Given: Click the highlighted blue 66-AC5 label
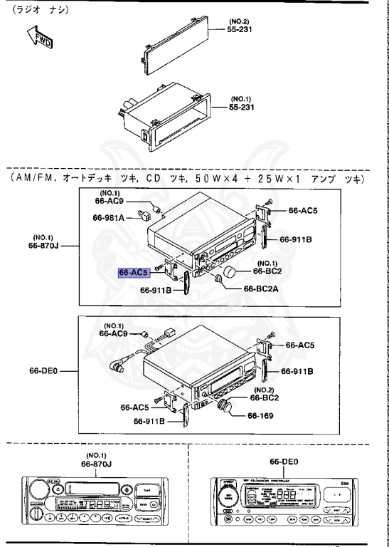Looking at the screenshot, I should (x=133, y=272).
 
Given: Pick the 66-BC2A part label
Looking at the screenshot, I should (x=262, y=289).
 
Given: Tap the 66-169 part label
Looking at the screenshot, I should (x=262, y=417).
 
